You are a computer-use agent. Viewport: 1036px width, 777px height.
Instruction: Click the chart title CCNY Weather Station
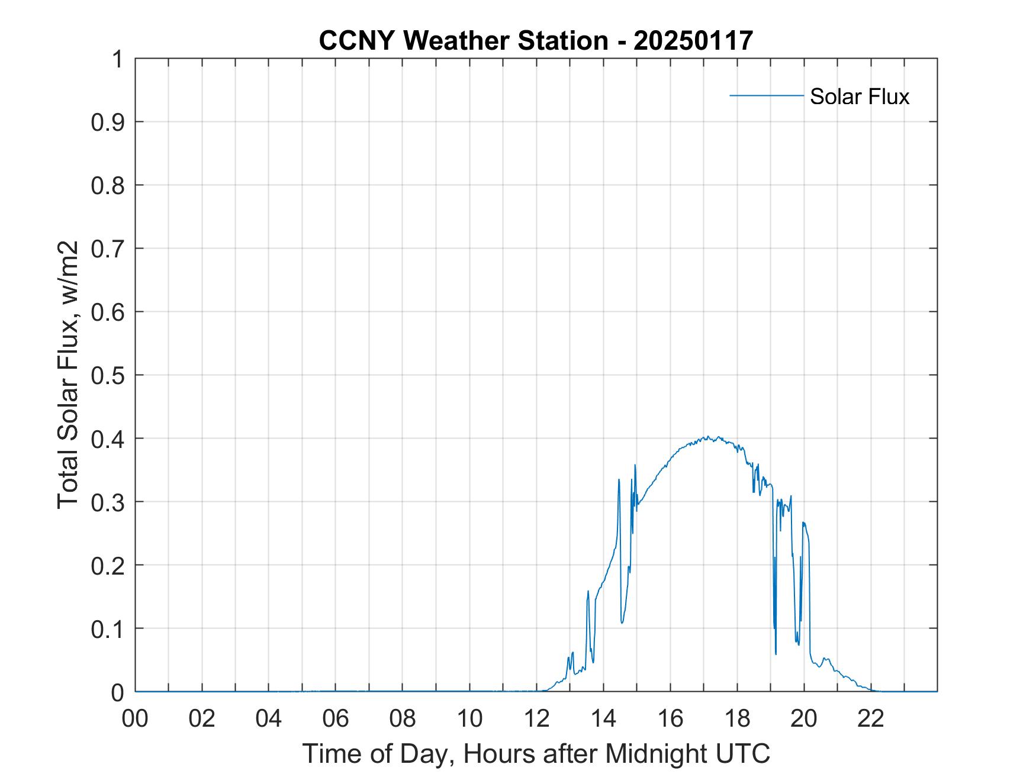point(462,41)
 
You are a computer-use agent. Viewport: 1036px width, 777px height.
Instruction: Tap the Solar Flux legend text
point(859,96)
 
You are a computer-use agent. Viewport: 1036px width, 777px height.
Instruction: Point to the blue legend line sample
point(766,95)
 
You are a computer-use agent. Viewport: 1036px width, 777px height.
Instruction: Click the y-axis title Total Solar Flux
point(69,375)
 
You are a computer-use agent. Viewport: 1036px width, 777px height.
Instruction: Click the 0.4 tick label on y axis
point(107,439)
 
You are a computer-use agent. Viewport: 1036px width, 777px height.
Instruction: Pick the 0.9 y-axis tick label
point(107,122)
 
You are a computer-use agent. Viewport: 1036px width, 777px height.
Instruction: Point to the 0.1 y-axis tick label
point(107,628)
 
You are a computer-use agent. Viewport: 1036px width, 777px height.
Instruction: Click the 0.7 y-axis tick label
point(107,249)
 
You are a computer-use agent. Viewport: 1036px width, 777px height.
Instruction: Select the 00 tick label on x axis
point(135,719)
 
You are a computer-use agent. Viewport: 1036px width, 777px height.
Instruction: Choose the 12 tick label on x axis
point(536,719)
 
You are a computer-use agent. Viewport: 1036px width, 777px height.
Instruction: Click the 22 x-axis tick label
point(871,719)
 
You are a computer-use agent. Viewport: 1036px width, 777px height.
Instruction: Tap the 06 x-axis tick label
point(336,719)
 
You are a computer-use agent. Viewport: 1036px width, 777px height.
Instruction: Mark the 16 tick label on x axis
point(670,719)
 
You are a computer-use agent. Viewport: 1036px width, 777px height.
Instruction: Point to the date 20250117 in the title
point(693,41)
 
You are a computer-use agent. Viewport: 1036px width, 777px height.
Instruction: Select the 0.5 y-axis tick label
point(107,375)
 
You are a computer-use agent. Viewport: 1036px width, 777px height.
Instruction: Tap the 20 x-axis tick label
point(804,719)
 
